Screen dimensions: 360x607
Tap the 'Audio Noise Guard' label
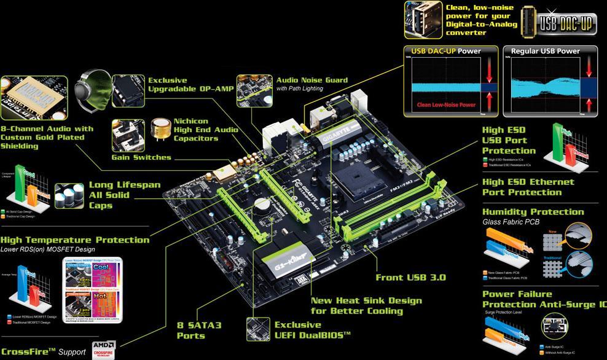311,80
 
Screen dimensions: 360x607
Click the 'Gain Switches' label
141,157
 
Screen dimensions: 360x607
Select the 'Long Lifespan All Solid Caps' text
125,195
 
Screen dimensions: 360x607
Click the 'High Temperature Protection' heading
74,240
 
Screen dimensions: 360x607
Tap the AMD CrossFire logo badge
104,350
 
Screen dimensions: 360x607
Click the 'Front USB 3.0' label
411,277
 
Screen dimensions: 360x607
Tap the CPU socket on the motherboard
360,182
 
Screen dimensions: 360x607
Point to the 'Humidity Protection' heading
533,212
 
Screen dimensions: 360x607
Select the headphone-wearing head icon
93,90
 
